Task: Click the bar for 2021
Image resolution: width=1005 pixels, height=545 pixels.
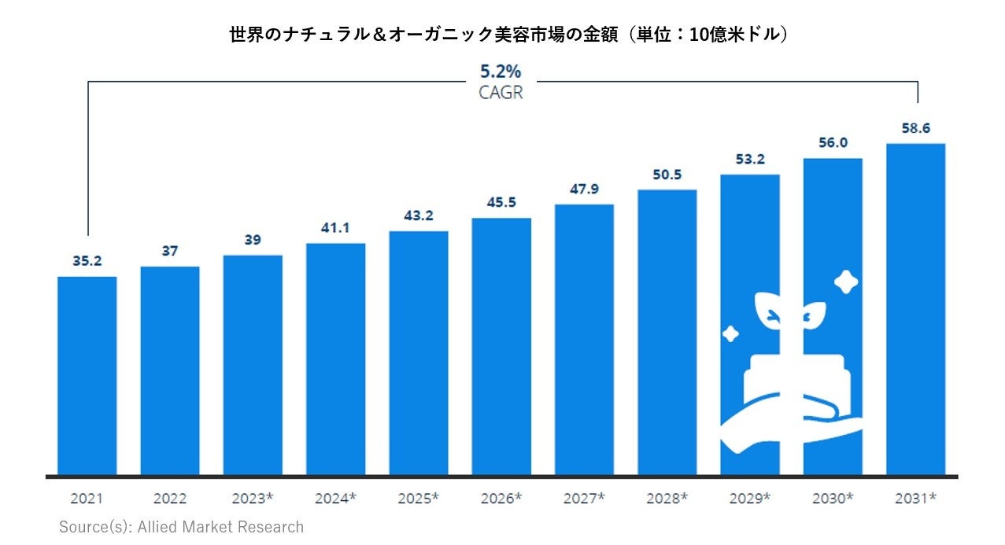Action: click(87, 376)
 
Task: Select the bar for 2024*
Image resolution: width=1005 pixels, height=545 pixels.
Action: click(335, 359)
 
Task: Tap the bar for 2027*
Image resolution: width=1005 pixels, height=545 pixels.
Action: click(584, 340)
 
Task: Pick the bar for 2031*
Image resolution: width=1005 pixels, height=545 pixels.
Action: click(915, 310)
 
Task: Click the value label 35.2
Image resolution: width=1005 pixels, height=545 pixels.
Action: click(87, 261)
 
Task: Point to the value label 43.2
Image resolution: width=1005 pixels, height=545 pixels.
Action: click(418, 215)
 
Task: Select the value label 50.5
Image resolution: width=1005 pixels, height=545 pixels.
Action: click(667, 175)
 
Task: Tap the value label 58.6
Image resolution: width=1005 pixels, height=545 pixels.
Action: click(916, 128)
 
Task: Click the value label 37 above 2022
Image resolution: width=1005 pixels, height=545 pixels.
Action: click(170, 251)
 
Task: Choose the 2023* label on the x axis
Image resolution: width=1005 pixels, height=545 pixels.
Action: click(253, 499)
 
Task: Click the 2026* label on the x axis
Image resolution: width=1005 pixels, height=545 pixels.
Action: click(501, 499)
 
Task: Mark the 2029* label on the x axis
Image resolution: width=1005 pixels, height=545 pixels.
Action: click(750, 499)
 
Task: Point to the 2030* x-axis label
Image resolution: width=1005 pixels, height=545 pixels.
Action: click(833, 499)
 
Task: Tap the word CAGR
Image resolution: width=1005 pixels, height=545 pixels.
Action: click(501, 92)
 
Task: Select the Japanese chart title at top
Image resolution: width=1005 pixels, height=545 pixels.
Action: click(508, 35)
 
